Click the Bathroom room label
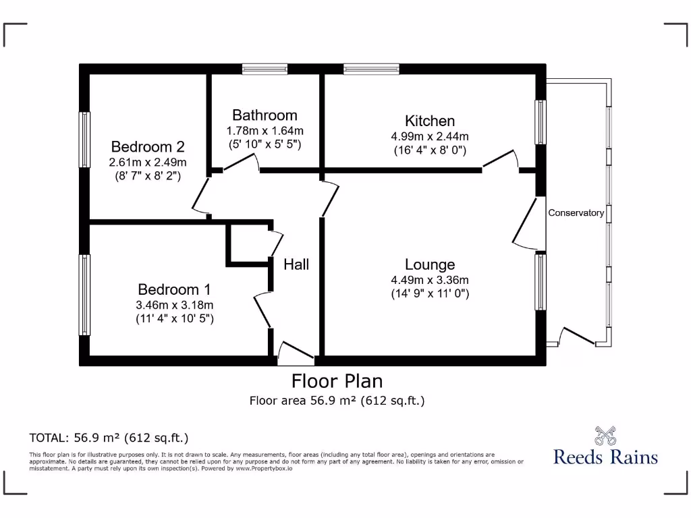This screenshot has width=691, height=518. (265, 115)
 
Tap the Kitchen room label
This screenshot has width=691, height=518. (430, 121)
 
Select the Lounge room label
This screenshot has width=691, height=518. (430, 265)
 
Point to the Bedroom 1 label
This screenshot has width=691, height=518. (174, 290)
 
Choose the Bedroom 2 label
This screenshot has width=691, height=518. (148, 147)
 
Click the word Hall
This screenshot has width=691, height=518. (296, 264)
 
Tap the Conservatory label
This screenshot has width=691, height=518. (576, 213)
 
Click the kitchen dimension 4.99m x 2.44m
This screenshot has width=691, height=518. (430, 136)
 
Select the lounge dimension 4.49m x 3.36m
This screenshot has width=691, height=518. (430, 280)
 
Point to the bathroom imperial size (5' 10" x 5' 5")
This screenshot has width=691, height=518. (265, 144)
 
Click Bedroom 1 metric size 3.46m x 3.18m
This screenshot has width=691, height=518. (174, 305)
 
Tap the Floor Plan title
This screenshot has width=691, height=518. (337, 380)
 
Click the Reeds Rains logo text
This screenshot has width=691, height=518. (605, 457)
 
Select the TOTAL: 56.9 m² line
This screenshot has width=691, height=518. (109, 438)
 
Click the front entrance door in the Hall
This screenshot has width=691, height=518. (296, 351)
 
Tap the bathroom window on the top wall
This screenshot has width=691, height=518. (265, 68)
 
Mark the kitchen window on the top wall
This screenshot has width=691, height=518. (371, 68)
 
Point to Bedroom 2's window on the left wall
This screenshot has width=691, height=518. (84, 140)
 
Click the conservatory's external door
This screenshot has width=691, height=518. (578, 337)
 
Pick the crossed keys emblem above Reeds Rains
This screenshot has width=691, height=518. (605, 436)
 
